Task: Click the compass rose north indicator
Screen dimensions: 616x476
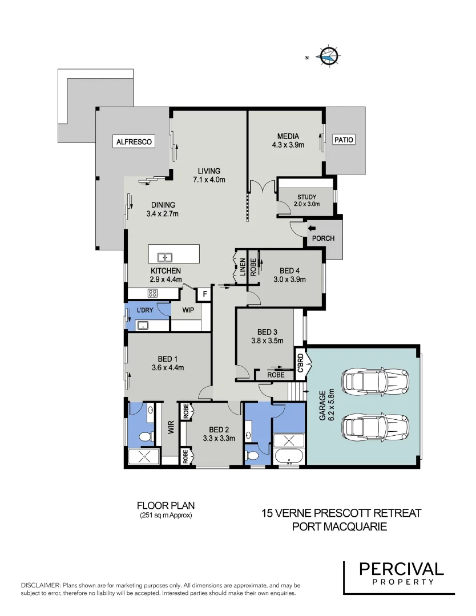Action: coord(329,56)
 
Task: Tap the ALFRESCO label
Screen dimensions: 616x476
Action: coord(134,141)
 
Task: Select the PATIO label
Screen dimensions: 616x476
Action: coord(344,139)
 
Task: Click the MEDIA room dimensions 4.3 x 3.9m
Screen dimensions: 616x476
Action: coord(288,145)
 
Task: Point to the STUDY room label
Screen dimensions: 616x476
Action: coord(306,197)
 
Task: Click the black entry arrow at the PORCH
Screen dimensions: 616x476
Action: coord(312,228)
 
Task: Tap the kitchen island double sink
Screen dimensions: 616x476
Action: coord(166,257)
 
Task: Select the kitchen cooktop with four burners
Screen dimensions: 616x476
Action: coord(153,293)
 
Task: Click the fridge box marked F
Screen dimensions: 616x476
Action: coord(204,294)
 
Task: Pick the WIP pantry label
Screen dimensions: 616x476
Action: coord(188,310)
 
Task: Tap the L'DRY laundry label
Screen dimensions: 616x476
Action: coord(145,310)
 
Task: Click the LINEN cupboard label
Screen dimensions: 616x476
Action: coord(243,268)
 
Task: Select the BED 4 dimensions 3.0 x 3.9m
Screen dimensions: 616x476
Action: coord(289,279)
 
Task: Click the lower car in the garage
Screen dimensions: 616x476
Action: coord(375,426)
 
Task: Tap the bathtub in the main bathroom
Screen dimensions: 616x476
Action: coord(289,456)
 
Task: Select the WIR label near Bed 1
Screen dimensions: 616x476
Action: coord(170,427)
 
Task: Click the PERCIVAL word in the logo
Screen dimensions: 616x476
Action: coord(401,569)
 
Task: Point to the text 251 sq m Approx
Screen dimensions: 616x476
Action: coord(166,516)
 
